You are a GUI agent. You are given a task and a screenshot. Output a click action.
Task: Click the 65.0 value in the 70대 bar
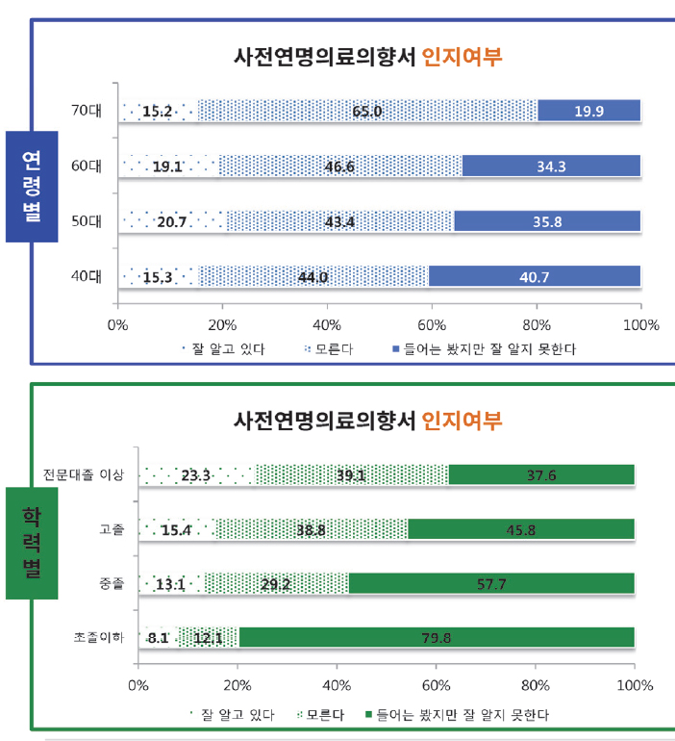(367, 111)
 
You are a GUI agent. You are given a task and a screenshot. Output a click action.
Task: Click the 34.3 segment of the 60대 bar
(551, 166)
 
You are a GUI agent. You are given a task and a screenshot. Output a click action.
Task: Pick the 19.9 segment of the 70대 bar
(588, 111)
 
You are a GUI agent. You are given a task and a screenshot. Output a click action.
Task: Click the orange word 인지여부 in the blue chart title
(462, 56)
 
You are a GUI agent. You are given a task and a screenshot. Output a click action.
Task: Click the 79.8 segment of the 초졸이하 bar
(437, 637)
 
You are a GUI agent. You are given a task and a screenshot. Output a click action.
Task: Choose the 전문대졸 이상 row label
(84, 474)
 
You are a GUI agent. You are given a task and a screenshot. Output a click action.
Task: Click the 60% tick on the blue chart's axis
(432, 324)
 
